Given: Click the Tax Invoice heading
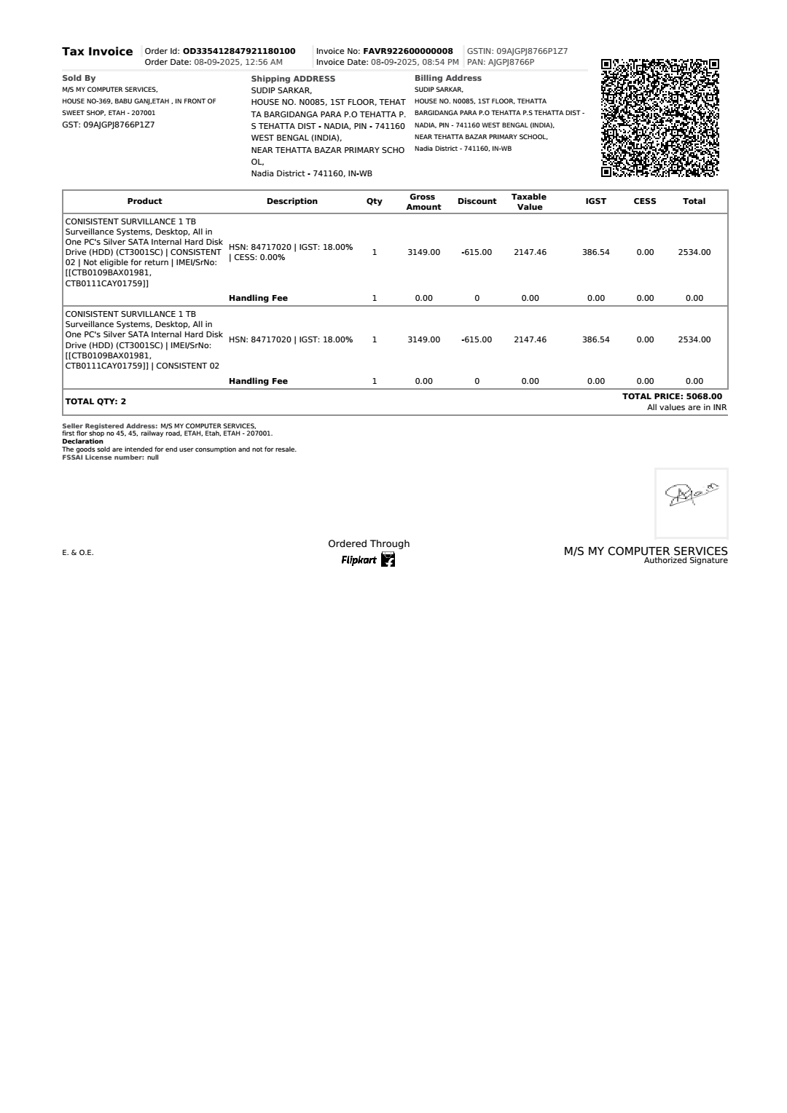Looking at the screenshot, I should click(x=97, y=52).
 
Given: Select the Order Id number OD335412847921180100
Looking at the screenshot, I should click(x=239, y=51).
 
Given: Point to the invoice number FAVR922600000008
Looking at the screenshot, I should click(x=408, y=51).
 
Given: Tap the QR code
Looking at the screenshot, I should click(x=659, y=118).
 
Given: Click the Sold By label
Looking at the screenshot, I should click(x=79, y=78).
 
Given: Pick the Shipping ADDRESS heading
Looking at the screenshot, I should click(x=293, y=79).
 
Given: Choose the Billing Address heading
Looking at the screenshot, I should click(x=447, y=78).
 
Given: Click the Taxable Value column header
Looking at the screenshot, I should click(x=529, y=202).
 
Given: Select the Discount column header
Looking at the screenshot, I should click(x=477, y=201).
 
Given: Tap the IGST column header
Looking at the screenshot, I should click(x=595, y=201).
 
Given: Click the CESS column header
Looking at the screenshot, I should click(x=644, y=201).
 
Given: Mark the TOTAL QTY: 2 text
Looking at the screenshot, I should click(x=95, y=401).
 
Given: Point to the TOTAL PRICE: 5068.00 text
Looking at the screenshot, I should click(x=672, y=396).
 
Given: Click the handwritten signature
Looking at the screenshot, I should click(x=691, y=495).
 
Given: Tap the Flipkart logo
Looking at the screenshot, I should click(x=369, y=560).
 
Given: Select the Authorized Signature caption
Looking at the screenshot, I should click(x=686, y=560).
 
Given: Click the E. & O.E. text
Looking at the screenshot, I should click(x=78, y=553).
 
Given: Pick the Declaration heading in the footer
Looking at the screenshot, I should click(x=82, y=441).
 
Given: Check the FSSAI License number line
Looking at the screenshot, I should click(x=110, y=457).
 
